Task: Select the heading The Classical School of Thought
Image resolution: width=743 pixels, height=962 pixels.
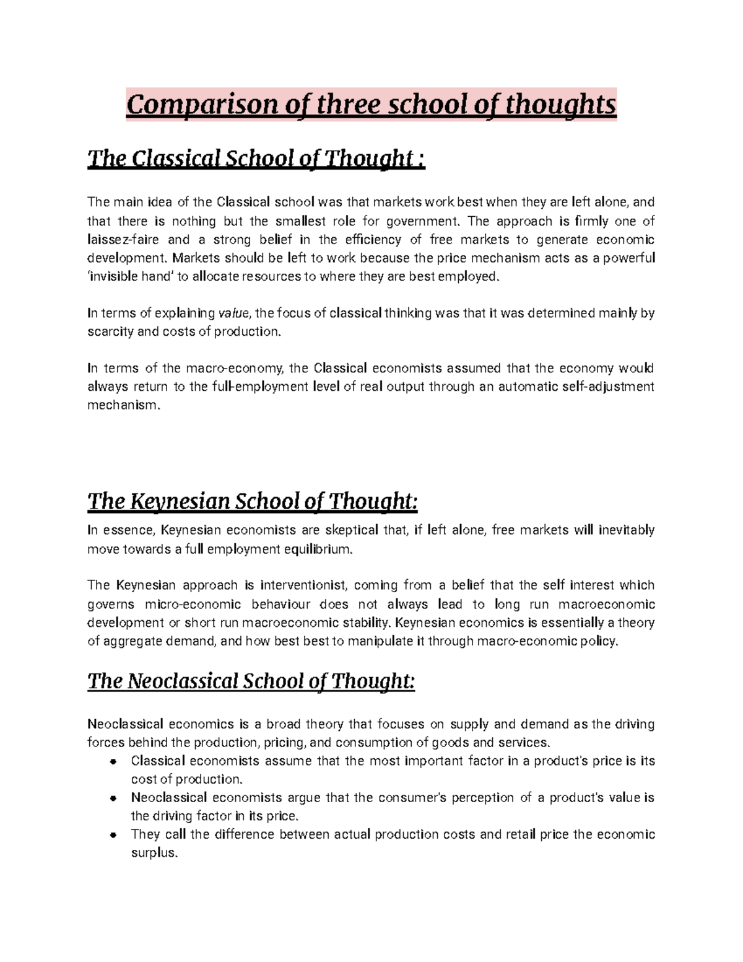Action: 256,159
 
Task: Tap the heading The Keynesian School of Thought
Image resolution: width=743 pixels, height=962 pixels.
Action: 253,501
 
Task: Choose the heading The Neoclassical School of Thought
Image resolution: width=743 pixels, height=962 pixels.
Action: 251,681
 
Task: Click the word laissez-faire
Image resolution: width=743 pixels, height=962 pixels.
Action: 123,240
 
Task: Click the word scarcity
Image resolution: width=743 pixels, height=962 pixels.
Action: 110,332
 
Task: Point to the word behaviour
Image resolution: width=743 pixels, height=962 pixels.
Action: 280,605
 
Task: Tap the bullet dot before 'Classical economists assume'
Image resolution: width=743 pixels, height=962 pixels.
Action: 113,762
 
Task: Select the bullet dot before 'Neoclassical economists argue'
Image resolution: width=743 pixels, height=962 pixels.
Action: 113,798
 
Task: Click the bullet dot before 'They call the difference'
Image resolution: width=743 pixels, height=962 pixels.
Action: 113,835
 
